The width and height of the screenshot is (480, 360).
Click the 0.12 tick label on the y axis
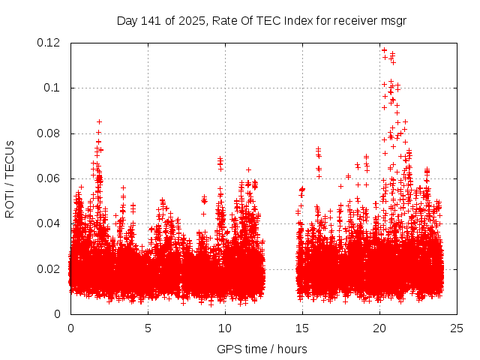click(x=50, y=43)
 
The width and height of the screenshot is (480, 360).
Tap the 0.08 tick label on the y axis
click(x=50, y=133)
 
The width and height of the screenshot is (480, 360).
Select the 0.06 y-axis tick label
click(x=50, y=178)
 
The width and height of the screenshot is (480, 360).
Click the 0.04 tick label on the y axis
click(x=50, y=223)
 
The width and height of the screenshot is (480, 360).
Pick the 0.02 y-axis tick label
click(x=50, y=269)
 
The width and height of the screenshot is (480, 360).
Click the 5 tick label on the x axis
click(x=148, y=328)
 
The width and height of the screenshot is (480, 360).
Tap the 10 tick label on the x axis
click(x=225, y=328)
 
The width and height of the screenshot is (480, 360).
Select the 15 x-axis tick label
click(x=302, y=328)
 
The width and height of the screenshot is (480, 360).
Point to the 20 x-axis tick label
click(x=379, y=328)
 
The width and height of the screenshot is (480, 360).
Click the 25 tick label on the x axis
click(x=457, y=328)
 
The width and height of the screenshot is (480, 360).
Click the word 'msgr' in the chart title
click(x=393, y=20)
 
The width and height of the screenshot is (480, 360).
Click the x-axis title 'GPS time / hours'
click(x=263, y=349)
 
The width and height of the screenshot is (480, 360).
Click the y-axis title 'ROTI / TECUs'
click(x=10, y=178)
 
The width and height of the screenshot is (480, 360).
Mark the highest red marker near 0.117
click(x=384, y=50)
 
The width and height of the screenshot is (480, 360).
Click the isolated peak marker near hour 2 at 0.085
click(x=99, y=121)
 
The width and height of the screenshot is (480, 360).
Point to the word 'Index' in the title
click(x=299, y=20)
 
